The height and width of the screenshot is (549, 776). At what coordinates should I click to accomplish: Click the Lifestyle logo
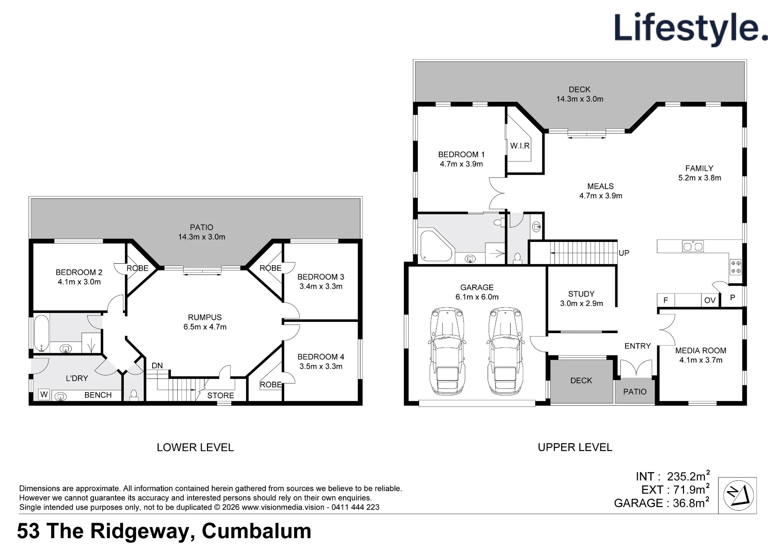pos(691,30)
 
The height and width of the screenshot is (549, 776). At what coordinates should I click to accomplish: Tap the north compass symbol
pos(738,495)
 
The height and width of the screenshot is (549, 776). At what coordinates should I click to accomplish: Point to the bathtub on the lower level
pos(41,333)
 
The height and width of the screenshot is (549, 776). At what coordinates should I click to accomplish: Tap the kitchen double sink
pos(693,246)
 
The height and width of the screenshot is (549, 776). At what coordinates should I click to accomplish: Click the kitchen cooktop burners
pos(736,267)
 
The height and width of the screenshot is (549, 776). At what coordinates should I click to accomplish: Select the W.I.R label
pos(520,146)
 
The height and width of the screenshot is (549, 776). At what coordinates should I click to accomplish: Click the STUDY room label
pos(581,294)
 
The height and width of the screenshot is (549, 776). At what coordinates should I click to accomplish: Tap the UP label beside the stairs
pos(624,253)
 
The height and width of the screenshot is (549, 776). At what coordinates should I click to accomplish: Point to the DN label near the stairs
pos(157,366)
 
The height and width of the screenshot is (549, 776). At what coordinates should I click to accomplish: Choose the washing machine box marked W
pos(44,394)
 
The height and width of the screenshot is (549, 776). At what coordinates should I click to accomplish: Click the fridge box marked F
pos(666,300)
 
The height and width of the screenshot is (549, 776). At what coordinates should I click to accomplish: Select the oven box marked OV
pos(710,300)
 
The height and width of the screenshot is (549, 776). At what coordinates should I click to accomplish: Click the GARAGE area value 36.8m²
pos(691,502)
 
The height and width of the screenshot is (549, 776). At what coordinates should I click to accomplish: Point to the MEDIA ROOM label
pos(701,351)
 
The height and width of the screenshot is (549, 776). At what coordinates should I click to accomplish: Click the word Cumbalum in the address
pos(256,531)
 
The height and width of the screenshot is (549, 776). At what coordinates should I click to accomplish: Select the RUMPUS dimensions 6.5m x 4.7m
pos(205,327)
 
